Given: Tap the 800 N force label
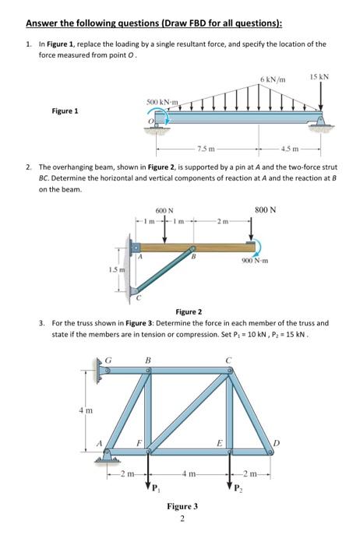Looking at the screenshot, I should [x=265, y=209].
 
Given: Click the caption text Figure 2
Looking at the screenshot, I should [x=189, y=310].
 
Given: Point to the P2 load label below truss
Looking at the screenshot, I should [x=236, y=490].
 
